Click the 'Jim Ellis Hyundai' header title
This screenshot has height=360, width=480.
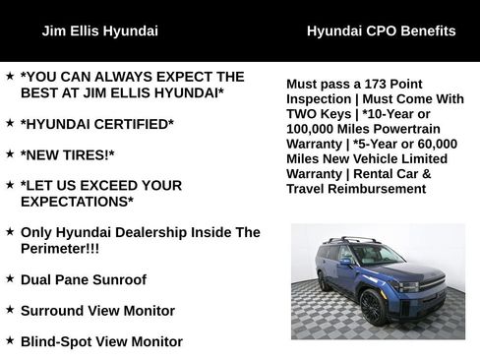(x=99, y=30)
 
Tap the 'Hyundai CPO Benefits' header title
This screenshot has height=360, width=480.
(x=381, y=30)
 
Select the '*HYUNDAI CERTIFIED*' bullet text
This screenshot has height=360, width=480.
(x=96, y=123)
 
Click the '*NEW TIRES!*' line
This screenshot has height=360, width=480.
(x=67, y=154)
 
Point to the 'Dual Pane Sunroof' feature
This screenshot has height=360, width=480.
(x=83, y=279)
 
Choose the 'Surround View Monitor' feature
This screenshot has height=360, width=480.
(x=97, y=311)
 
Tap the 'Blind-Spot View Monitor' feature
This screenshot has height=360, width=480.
(x=101, y=342)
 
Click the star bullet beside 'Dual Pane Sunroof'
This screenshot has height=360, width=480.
(x=10, y=278)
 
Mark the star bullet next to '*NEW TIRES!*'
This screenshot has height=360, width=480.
(x=10, y=153)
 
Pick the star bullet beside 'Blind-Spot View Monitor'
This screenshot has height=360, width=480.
(x=10, y=341)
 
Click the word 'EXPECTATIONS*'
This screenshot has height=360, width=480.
(x=77, y=202)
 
